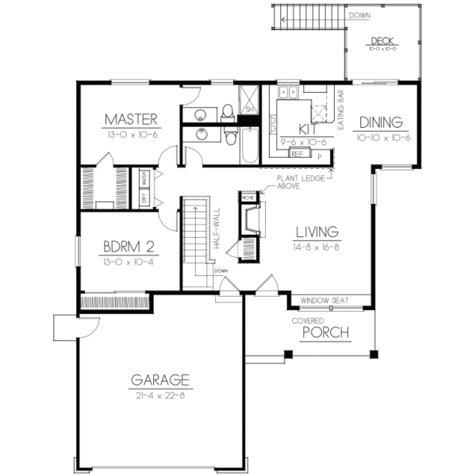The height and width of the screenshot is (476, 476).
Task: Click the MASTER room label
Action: click(132, 121)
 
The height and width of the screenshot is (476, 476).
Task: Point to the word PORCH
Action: click(325, 332)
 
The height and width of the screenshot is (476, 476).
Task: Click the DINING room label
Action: click(382, 123)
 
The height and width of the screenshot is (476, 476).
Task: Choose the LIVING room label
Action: click(317, 232)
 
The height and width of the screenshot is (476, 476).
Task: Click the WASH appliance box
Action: click(145, 175)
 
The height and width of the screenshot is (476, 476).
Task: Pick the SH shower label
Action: click(248, 109)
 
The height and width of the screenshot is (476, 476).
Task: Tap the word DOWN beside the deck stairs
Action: click(358, 14)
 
